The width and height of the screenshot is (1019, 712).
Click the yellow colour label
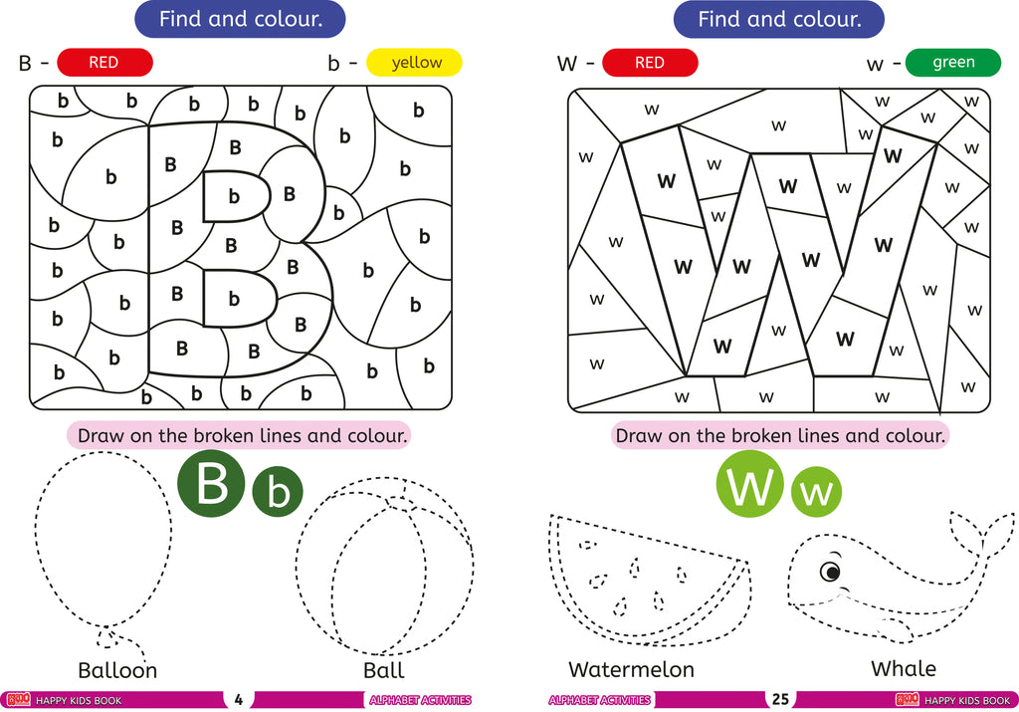[x=414, y=63]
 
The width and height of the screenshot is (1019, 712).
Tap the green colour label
[x=952, y=63]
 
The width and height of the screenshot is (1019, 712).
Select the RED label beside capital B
[x=104, y=63]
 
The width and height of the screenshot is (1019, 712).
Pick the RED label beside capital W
[x=649, y=63]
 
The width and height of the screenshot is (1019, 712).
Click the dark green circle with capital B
[x=211, y=485]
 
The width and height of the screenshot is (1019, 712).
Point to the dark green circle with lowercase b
[x=278, y=493]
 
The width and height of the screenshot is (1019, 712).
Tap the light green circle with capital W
[x=749, y=485]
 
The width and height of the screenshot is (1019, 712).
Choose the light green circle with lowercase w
[x=816, y=493]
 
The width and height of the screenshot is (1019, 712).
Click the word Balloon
[x=117, y=669]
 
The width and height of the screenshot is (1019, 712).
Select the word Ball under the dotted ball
[x=383, y=669]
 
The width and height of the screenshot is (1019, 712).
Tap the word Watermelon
[x=631, y=669]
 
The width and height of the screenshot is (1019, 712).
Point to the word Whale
[x=903, y=667]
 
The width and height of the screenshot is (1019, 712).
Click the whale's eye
[x=829, y=572]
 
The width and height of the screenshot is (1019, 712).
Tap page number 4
[x=239, y=699]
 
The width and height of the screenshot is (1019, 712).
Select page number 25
[x=780, y=699]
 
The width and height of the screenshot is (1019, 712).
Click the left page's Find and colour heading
[x=239, y=19]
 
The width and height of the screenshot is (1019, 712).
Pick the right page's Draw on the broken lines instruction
[x=780, y=436]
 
